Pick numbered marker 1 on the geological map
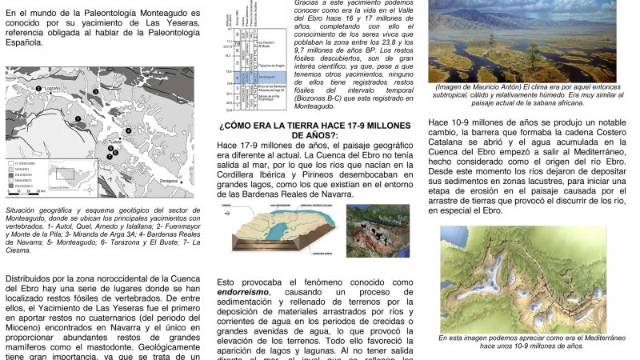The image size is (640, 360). tap(78, 120)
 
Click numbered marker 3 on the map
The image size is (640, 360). tap(95, 92)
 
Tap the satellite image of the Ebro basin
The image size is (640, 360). tap(378, 230)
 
